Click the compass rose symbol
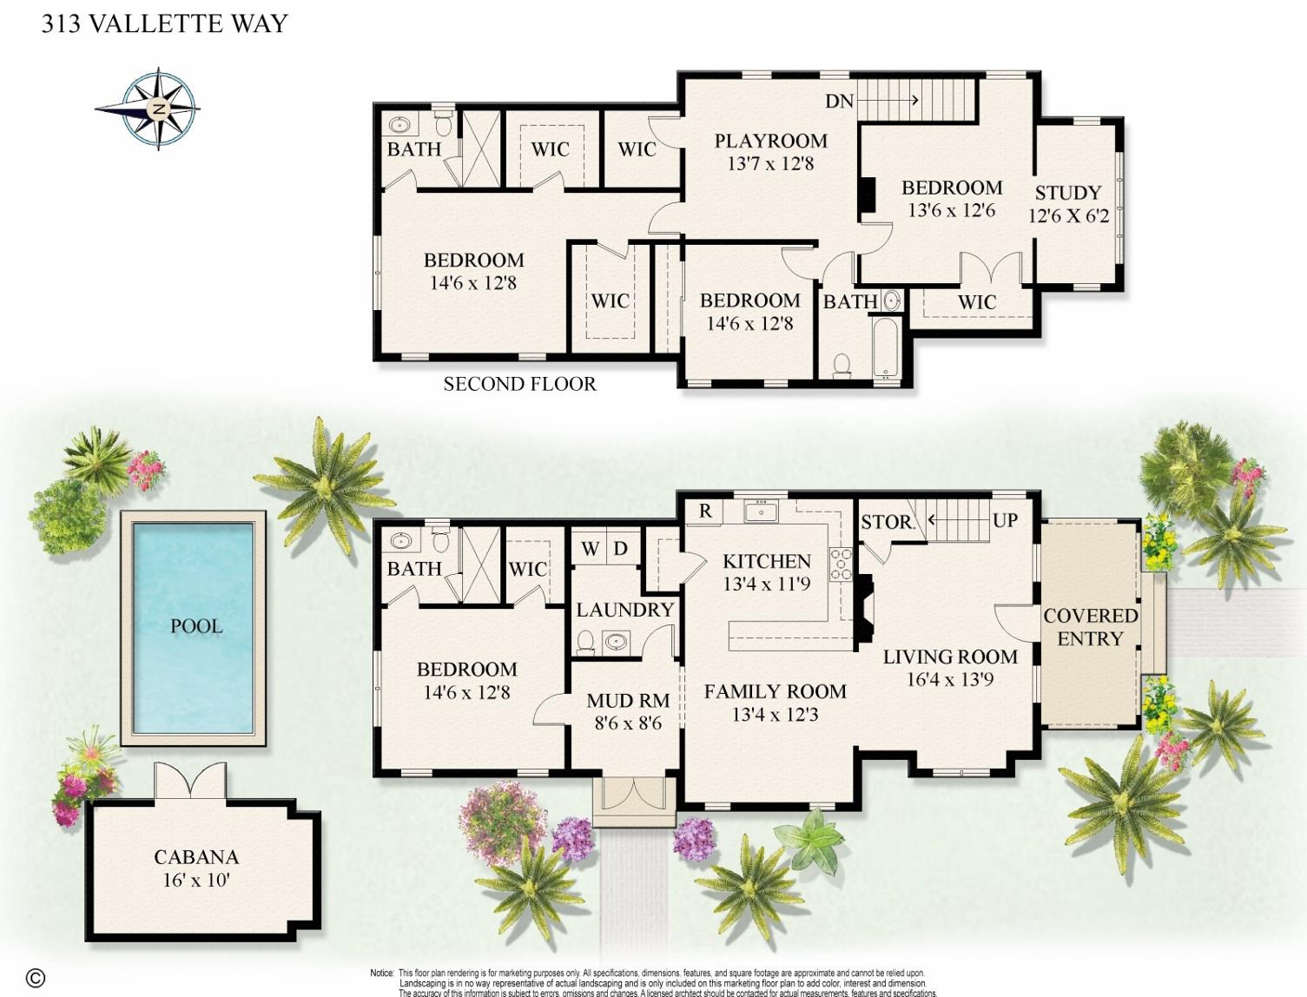(x=157, y=109)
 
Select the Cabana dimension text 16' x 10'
(x=196, y=880)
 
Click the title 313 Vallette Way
(x=165, y=23)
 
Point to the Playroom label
(x=770, y=141)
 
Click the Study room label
(x=1067, y=193)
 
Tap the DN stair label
(x=839, y=102)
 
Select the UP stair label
(x=1005, y=520)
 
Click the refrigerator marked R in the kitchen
(x=705, y=512)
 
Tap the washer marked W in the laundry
(x=590, y=549)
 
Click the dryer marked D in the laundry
(x=621, y=549)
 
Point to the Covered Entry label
(x=1090, y=627)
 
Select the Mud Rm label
(x=628, y=700)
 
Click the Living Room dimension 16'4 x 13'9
(x=950, y=679)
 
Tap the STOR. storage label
(x=887, y=522)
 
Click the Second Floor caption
(x=519, y=384)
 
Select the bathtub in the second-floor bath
(x=885, y=347)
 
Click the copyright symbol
(x=36, y=977)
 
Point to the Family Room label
(x=775, y=691)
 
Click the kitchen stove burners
(x=841, y=562)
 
